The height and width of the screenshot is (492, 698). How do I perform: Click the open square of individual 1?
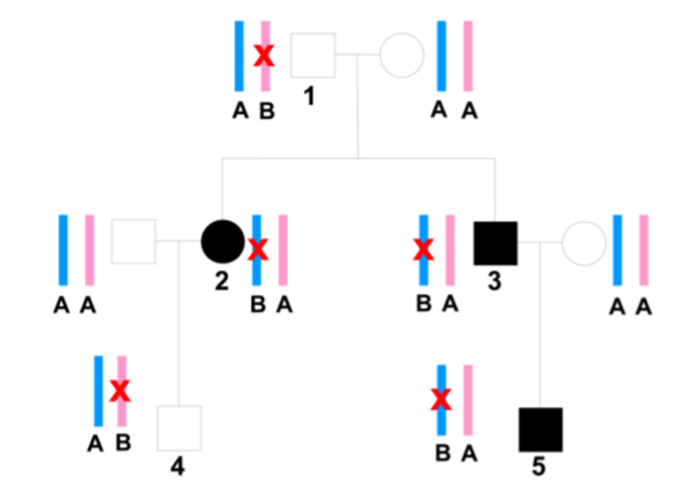coord(313,55)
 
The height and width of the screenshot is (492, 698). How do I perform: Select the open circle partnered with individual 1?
coord(402,55)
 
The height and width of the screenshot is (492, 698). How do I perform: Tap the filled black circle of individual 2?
coord(222,242)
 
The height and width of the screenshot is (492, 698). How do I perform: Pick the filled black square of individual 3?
coord(495,243)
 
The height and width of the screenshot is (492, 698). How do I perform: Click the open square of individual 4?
coord(179,428)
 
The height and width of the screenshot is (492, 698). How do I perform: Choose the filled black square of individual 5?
coord(540,430)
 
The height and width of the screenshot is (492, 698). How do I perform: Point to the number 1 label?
coord(309,96)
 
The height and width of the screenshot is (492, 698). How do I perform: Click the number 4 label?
coord(177,466)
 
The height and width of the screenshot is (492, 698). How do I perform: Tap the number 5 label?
coord(539,466)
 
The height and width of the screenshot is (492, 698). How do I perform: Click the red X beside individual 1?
coord(264,56)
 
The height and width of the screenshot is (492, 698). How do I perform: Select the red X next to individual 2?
coord(258,249)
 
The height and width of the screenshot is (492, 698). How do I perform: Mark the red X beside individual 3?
coord(424,249)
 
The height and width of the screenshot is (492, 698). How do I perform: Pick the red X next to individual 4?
coord(120,391)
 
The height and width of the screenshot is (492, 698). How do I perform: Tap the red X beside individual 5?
coord(441,400)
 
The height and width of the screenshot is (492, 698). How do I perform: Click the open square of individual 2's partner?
coord(134,241)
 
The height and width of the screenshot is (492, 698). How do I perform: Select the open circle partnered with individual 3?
coord(584,243)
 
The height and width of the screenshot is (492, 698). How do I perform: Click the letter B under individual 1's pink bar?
coord(267,111)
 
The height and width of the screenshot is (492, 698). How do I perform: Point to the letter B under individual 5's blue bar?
coord(443,454)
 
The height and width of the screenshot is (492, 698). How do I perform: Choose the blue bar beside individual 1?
coord(239,56)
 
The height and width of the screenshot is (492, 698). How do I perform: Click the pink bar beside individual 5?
coord(468,400)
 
